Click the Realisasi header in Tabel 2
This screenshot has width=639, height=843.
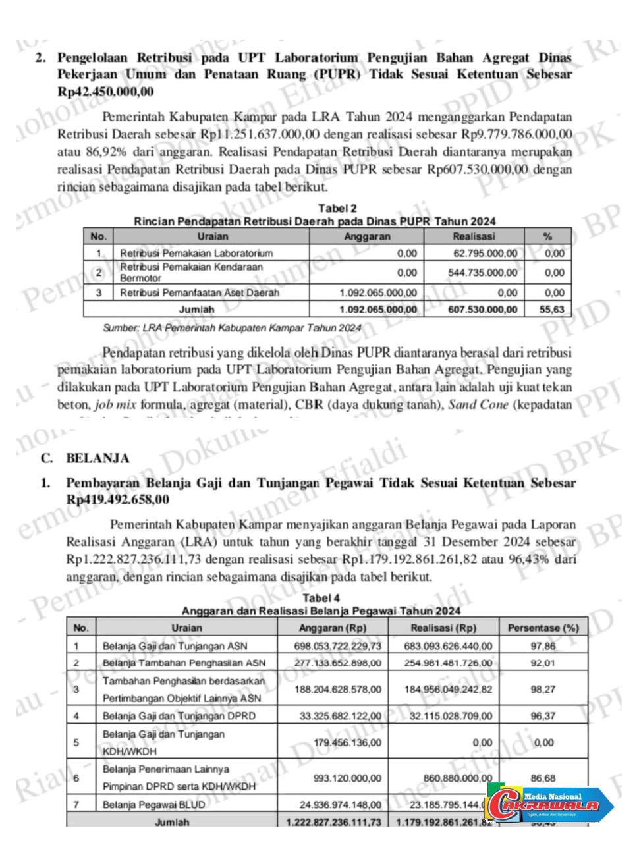click(474, 236)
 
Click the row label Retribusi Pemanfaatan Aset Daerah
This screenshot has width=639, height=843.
click(200, 293)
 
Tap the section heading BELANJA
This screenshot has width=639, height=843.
click(97, 458)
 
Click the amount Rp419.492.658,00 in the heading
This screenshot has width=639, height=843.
click(117, 500)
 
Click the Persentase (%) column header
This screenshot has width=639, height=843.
click(543, 628)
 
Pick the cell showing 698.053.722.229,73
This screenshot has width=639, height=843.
click(337, 646)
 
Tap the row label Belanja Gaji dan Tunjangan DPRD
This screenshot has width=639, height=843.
click(179, 715)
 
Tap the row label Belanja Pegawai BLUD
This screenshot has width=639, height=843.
click(153, 804)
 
